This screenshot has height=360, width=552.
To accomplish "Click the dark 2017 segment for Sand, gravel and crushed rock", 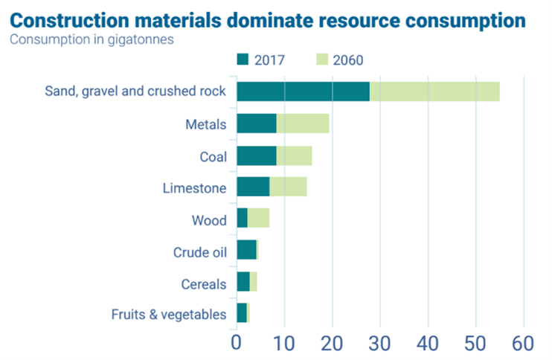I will point(303,91).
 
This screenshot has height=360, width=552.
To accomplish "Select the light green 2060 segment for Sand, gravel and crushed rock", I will point(434,91).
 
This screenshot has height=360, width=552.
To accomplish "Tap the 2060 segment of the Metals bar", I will point(303,123).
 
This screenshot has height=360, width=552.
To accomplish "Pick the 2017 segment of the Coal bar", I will point(256,155).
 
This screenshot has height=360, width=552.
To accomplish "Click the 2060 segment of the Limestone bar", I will point(288,187).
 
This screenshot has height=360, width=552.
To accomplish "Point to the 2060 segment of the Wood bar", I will point(258,218).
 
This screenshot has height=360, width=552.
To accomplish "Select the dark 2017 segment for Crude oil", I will point(246,250).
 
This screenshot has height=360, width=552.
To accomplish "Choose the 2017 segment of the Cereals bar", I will point(243,281).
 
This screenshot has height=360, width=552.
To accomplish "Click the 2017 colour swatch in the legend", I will point(243,59).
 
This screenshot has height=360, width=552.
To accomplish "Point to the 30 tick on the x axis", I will point(380,344).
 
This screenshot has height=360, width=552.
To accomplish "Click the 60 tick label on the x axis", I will point(524,344).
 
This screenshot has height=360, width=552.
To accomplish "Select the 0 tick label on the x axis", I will point(237,344).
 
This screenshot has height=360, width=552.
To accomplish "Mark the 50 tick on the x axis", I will point(476,344).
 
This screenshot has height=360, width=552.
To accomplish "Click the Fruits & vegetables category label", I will point(168,315).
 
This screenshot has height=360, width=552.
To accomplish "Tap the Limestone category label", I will point(194,188).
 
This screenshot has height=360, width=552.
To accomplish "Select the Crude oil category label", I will point(199,251).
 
